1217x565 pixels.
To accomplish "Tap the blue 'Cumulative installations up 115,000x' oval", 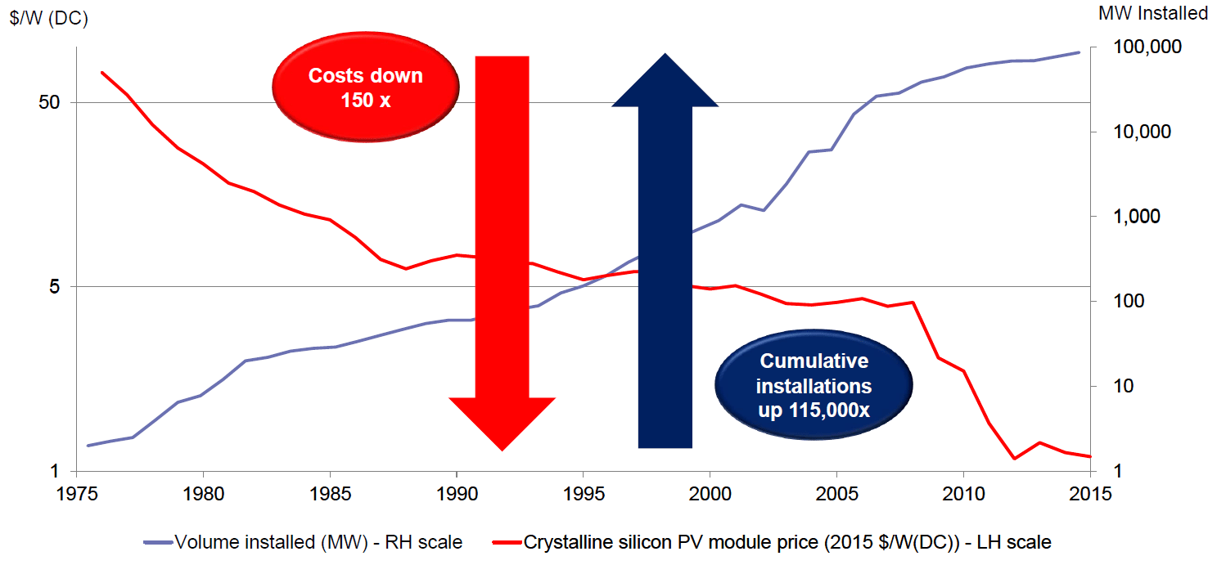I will tap(814, 385).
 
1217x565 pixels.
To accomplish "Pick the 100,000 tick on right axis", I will tap(1148, 47).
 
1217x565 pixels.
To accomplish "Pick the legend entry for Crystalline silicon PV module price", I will tap(774, 541).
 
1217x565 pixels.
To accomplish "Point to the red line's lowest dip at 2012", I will tap(1014, 459).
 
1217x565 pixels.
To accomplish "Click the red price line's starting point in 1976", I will tap(102, 72).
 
